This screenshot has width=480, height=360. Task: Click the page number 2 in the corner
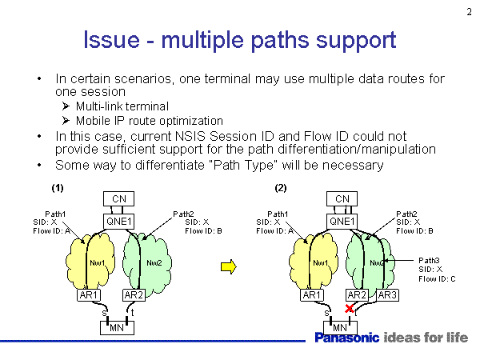(x=468, y=10)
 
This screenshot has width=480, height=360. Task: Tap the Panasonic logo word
(x=346, y=338)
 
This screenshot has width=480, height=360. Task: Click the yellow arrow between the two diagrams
(x=228, y=267)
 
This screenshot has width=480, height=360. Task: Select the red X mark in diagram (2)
(x=349, y=309)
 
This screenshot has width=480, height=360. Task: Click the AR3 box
(x=388, y=295)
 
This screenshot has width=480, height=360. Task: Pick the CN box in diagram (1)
(x=119, y=198)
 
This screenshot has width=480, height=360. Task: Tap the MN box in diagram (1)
(x=116, y=327)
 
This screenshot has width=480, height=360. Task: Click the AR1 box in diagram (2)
(x=312, y=295)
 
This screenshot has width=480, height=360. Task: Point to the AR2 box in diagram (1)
(x=134, y=295)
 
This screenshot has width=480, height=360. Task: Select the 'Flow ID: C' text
(x=437, y=278)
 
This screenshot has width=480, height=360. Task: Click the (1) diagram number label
(x=57, y=188)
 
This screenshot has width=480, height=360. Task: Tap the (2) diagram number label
(x=280, y=188)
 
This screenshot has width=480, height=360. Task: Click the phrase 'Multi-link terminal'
(x=122, y=106)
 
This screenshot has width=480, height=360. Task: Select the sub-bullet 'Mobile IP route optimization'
(x=149, y=120)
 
